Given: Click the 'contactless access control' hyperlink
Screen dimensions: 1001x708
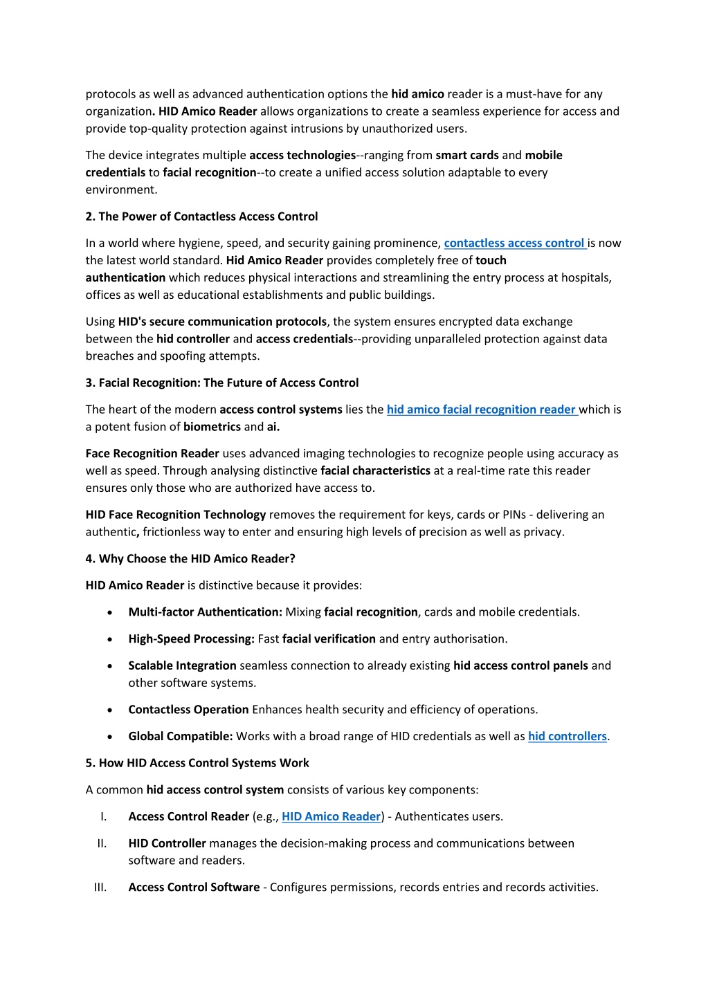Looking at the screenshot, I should click(514, 243).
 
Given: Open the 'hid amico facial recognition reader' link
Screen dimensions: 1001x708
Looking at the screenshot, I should click(481, 410).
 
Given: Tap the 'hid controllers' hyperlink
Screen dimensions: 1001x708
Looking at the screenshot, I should click(567, 736).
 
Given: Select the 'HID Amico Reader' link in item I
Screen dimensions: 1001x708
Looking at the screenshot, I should click(331, 816).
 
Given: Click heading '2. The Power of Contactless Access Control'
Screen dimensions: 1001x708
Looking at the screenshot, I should click(201, 217).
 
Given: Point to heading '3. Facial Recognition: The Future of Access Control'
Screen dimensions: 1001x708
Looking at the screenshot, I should click(221, 383).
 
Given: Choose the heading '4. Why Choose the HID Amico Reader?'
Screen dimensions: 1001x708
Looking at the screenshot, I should click(190, 558).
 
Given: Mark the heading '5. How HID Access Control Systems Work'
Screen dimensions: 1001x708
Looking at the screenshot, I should click(197, 763).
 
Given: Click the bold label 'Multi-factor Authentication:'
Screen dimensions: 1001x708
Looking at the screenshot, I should click(205, 612).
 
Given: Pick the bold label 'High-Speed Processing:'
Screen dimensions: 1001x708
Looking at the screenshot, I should click(191, 639).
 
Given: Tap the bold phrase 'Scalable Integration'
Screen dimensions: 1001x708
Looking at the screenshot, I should click(182, 665).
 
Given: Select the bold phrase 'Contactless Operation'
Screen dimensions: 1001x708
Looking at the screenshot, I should click(188, 710).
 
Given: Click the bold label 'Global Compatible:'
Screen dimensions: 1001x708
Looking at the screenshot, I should click(180, 736).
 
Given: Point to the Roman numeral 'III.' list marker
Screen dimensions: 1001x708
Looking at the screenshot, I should click(100, 888).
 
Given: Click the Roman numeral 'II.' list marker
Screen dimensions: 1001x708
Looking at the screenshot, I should click(102, 843).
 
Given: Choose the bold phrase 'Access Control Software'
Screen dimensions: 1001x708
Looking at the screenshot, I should click(194, 888).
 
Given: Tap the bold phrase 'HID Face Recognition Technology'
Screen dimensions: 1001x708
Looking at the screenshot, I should click(176, 515).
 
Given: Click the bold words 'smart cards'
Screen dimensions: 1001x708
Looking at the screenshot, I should click(467, 155).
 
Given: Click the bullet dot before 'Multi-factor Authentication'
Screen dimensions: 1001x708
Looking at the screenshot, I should click(110, 613).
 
